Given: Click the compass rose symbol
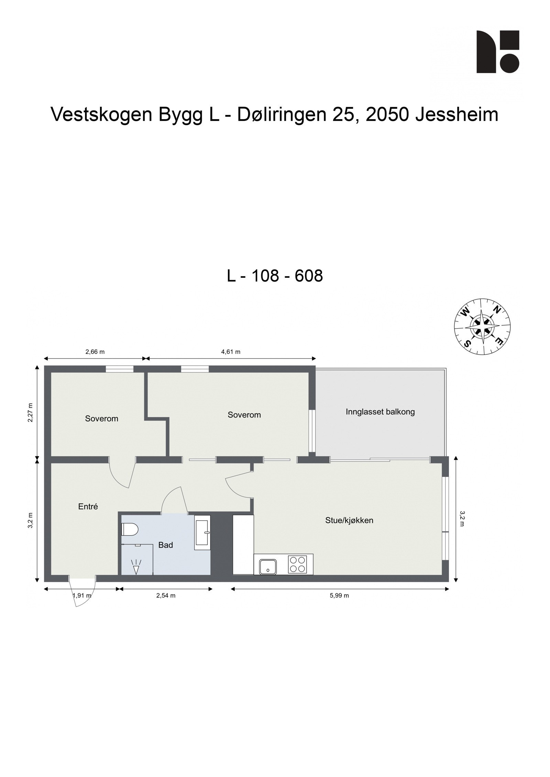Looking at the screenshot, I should pos(482,326).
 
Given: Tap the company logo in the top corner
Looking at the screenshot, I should pos(497,52).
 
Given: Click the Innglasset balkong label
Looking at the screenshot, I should pos(380,412).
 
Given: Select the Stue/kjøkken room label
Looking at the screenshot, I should pos(349,520).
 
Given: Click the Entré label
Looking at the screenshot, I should pos(88,506).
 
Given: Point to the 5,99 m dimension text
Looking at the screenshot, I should pos(339,595).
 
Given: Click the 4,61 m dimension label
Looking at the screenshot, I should pos(230,352).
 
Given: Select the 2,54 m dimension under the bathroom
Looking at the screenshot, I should pos(166,595).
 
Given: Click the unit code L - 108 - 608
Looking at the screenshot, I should pos(275,276).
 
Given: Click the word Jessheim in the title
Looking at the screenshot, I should pos(456,115).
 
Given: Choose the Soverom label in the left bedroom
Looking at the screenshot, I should pos(101,419).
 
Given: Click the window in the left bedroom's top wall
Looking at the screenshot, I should pos(119,369).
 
